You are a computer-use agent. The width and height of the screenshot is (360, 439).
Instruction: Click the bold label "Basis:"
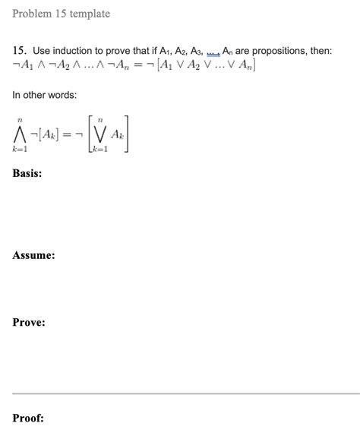(x=27, y=174)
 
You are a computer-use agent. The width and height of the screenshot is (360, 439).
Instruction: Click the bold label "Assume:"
(x=33, y=256)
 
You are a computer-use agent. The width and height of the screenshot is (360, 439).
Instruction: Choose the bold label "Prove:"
(x=29, y=323)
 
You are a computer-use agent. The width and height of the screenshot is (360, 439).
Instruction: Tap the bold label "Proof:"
(x=28, y=418)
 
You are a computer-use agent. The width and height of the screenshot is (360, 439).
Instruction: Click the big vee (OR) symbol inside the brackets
(x=99, y=134)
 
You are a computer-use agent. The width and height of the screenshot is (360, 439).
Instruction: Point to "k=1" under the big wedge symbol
(x=20, y=152)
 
